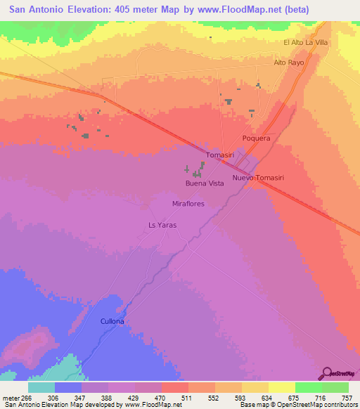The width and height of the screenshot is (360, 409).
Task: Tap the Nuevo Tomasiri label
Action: click(258, 178)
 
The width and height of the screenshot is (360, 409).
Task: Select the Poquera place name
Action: click(256, 138)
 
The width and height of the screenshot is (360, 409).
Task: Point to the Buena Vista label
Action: click(205, 183)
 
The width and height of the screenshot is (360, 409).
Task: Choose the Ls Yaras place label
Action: click(162, 225)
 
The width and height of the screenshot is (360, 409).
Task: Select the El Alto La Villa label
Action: click(306, 43)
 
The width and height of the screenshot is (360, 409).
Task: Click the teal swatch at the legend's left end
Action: click(41, 387)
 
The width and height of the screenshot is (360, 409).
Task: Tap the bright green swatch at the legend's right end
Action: click(335, 387)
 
